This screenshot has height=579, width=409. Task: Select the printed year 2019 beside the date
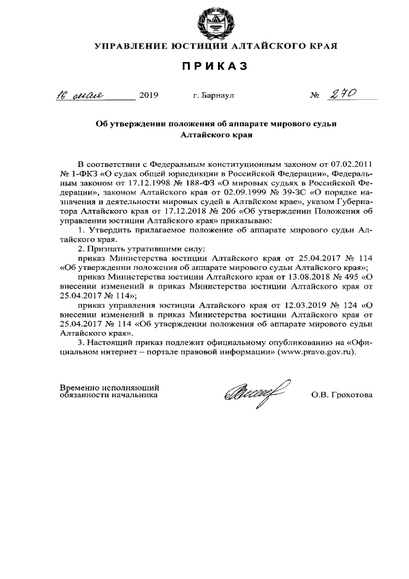(148, 96)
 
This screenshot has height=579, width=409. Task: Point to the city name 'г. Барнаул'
(213, 96)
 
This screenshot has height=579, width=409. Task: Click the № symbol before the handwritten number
(314, 97)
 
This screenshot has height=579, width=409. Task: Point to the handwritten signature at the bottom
(254, 390)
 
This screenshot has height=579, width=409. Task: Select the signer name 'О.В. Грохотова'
(342, 395)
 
